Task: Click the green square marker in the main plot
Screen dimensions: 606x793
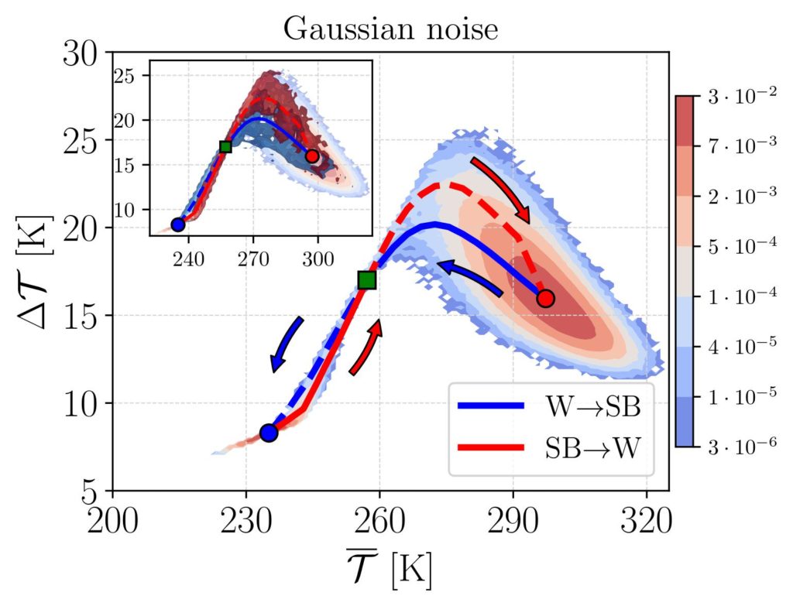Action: coord(367,280)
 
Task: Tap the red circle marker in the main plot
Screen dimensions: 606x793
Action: coord(545,299)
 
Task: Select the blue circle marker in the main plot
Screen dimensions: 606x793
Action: coord(269,433)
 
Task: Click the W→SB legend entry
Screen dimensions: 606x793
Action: coord(551,406)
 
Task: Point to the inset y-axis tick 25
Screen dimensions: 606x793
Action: coord(125,76)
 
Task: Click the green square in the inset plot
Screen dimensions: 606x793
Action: coord(225,146)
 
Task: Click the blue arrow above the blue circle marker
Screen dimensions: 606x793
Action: coord(286,344)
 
